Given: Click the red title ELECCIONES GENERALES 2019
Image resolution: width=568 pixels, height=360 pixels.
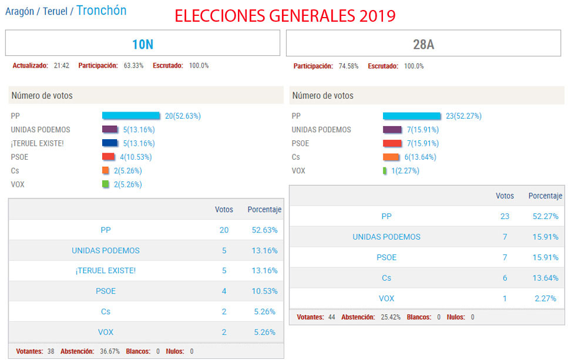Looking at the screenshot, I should [x=285, y=16].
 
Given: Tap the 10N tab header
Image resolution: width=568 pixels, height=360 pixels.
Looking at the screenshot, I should [x=142, y=44].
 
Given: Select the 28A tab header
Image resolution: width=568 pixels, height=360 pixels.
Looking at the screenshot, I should [x=423, y=44].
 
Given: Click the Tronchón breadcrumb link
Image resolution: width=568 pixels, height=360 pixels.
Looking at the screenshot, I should [x=101, y=11].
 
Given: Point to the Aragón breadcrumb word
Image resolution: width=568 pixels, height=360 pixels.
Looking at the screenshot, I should [x=19, y=11].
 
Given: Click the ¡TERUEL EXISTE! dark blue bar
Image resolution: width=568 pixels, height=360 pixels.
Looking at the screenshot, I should [x=109, y=143].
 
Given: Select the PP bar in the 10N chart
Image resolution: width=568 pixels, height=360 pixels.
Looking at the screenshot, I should [x=130, y=116].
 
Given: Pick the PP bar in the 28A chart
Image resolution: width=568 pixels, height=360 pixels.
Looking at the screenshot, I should [x=411, y=116].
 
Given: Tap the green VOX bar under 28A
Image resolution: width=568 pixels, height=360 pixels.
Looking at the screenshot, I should [x=385, y=170].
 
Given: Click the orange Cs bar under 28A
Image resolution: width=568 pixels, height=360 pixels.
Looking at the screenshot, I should [x=391, y=157].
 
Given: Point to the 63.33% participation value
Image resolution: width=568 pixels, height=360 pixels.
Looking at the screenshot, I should [x=133, y=66].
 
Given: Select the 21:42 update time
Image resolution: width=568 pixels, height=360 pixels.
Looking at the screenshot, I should [x=61, y=66].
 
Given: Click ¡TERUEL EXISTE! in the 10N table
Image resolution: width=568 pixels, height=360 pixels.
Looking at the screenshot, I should [x=106, y=271].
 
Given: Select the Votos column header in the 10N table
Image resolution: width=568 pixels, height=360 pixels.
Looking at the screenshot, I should [x=224, y=210].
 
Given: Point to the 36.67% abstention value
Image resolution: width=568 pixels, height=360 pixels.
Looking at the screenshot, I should [x=109, y=351].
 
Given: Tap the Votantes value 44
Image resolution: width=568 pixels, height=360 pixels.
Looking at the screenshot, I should [x=331, y=317].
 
